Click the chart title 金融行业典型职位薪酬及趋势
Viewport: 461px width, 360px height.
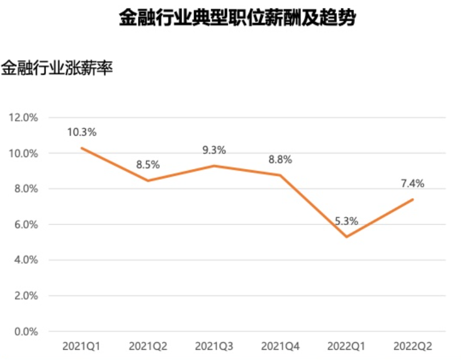(237, 18)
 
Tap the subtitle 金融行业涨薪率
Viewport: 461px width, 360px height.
(57, 68)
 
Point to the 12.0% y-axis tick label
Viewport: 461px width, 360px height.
(23, 118)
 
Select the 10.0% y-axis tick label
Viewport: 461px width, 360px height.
(23, 153)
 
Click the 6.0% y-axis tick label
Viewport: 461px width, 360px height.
(26, 224)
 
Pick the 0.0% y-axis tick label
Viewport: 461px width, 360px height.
(26, 332)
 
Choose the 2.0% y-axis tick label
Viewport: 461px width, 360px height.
(26, 296)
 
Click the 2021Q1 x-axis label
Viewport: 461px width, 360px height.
(81, 346)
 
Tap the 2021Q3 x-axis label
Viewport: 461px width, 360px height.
(214, 346)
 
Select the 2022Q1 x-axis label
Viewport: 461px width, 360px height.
(347, 346)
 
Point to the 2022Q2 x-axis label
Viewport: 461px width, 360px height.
(413, 346)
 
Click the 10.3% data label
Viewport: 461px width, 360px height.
(82, 133)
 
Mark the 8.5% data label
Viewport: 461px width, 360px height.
(148, 165)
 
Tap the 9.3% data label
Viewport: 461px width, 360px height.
(214, 150)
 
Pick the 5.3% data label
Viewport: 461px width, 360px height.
(347, 221)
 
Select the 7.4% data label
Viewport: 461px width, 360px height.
(413, 183)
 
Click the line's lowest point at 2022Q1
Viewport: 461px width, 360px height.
(347, 236)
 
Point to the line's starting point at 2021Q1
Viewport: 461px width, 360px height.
(82, 148)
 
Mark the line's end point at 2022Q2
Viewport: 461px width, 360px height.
(413, 199)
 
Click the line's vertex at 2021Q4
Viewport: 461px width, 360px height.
(280, 175)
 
